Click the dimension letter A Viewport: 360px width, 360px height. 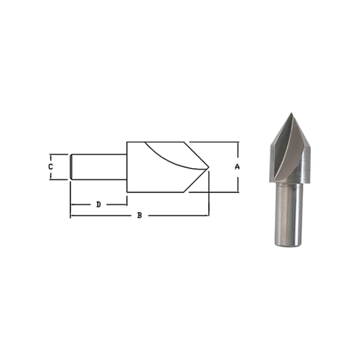pos(237,167)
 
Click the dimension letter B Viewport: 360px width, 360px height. pos(140,215)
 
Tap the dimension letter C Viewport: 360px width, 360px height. pos(51,167)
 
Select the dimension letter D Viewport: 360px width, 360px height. pos(98,205)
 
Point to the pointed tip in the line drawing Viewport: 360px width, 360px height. pos(209,167)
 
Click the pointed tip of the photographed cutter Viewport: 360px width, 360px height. pos(292,113)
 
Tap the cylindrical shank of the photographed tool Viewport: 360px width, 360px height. pos(289,214)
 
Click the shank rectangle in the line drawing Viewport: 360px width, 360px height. pos(98,167)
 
